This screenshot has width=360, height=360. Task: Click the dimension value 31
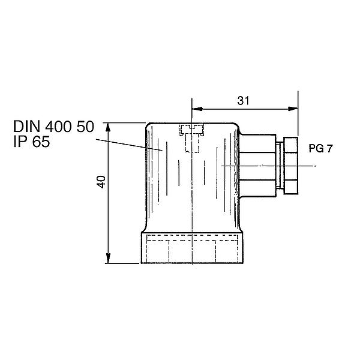[243, 101]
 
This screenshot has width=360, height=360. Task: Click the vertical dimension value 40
[101, 182]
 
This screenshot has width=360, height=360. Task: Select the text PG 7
[320, 149]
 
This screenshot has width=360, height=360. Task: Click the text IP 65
[32, 142]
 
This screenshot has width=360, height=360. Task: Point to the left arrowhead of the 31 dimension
[197, 109]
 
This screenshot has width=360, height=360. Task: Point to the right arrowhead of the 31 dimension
[293, 109]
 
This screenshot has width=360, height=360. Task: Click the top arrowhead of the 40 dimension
[108, 127]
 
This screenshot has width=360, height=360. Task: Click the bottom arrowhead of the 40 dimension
[108, 258]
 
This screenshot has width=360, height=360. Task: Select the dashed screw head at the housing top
[192, 130]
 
